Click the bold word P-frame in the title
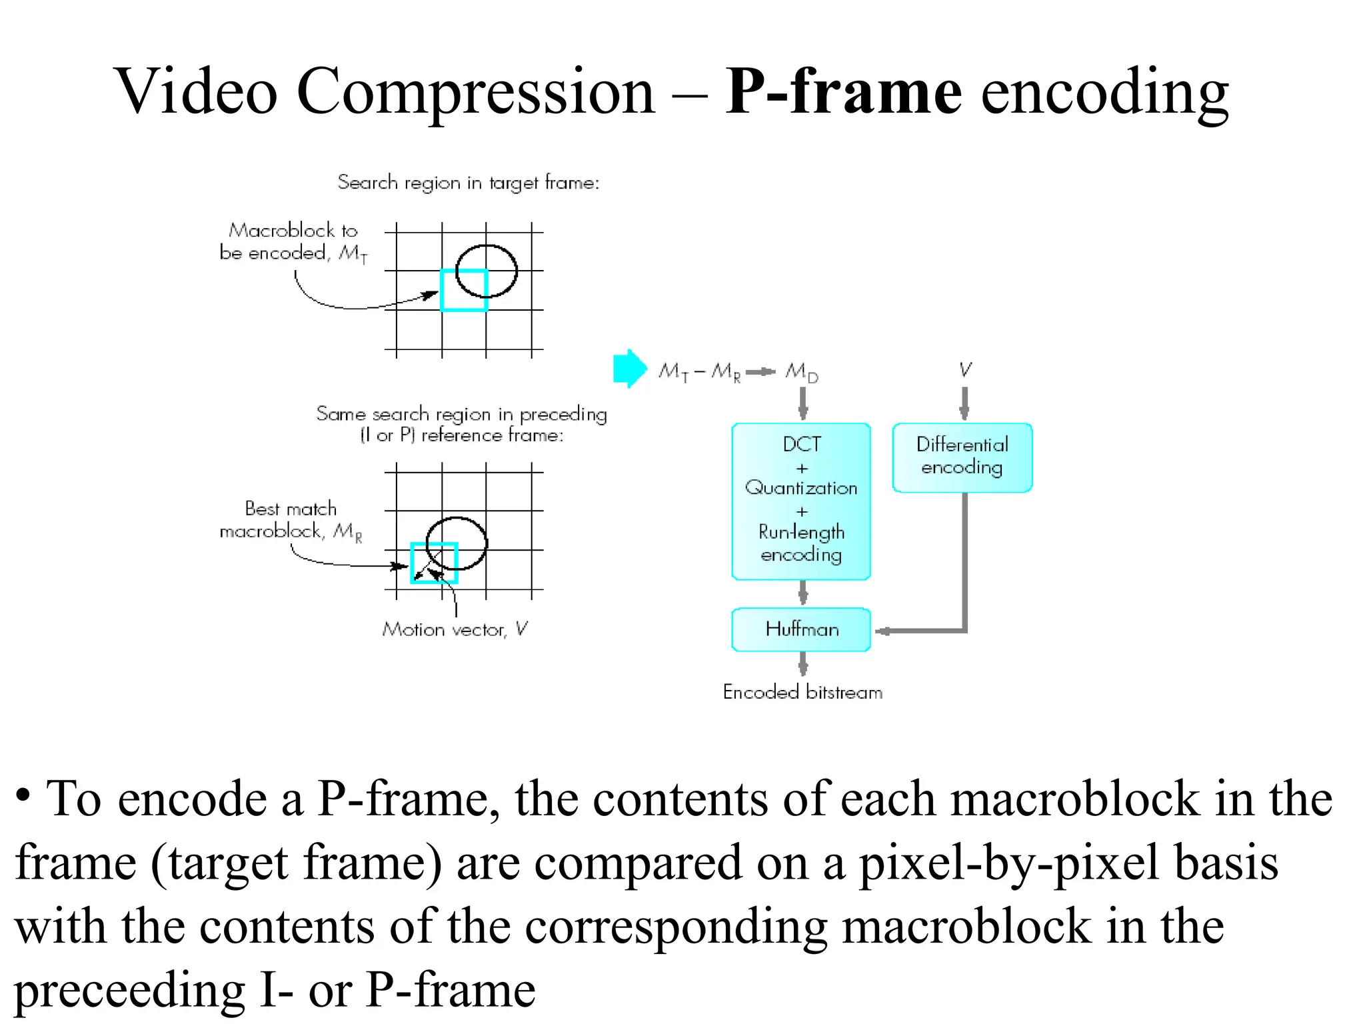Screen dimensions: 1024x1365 click(x=843, y=91)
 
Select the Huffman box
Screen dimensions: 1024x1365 click(x=801, y=629)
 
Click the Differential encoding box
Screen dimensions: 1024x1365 click(x=962, y=457)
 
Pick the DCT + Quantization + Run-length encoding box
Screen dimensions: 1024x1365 click(x=801, y=501)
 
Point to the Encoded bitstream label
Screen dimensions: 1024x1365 click(x=802, y=692)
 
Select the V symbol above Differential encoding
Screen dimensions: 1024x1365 click(x=965, y=370)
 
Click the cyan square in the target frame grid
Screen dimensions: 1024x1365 click(x=464, y=290)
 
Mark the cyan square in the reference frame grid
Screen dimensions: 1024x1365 click(x=434, y=563)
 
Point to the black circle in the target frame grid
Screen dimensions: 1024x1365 click(x=487, y=271)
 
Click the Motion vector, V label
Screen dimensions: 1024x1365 click(x=455, y=629)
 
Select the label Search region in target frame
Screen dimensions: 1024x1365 click(x=468, y=183)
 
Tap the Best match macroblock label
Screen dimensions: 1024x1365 click(x=291, y=520)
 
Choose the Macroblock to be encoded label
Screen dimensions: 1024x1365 click(x=293, y=242)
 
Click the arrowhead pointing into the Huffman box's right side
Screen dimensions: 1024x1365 click(x=882, y=631)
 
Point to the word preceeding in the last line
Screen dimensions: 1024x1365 click(x=130, y=989)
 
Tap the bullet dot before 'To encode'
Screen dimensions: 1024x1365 click(x=23, y=795)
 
